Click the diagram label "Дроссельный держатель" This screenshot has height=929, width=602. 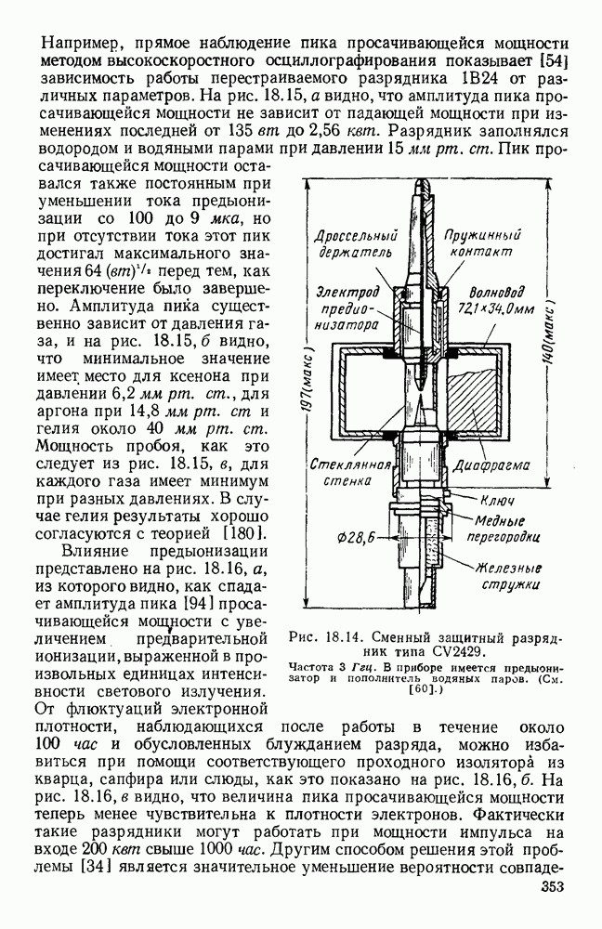coord(357,243)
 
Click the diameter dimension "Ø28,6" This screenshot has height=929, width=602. coord(358,537)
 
